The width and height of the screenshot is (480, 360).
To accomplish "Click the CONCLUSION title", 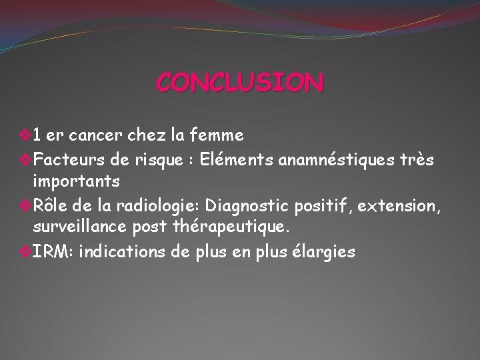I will (x=240, y=83).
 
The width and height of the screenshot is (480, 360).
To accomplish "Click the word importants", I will (x=77, y=181).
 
